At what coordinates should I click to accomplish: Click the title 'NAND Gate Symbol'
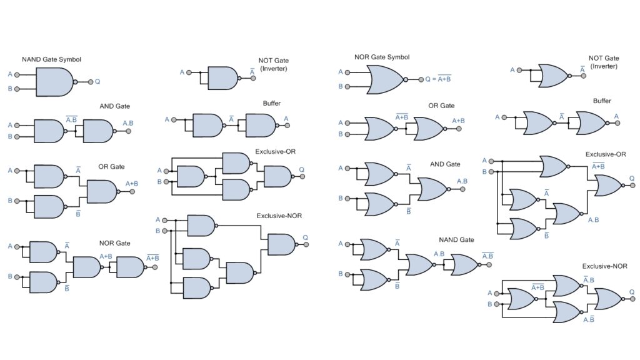pos(51,59)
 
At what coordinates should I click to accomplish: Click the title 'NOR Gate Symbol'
pos(382,57)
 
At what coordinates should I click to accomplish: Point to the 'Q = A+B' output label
pos(436,79)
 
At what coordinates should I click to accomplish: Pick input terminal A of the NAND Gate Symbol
pos(17,74)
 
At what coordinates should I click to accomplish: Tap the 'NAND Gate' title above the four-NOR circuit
pos(456,239)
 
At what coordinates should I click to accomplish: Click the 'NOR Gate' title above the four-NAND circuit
pos(114,243)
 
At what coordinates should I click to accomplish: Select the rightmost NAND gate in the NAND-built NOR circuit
pos(129,267)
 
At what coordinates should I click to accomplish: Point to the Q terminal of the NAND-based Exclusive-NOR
pos(305,244)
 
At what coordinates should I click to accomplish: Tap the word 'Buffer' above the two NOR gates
pos(602,101)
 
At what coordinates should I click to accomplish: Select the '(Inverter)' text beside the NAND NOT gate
pos(273,68)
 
